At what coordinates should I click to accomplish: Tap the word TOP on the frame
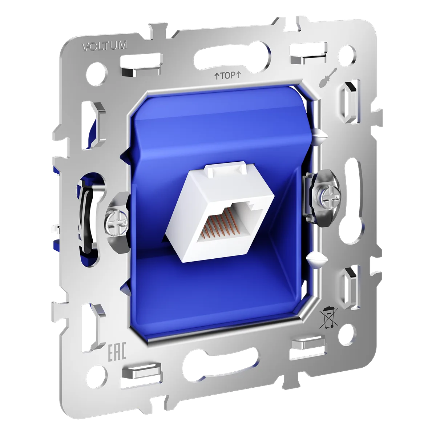[x=228, y=76]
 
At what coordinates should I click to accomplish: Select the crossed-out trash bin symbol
[x=328, y=318]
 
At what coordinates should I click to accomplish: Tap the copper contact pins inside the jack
[x=218, y=223]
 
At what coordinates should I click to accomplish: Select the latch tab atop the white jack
[x=225, y=169]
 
